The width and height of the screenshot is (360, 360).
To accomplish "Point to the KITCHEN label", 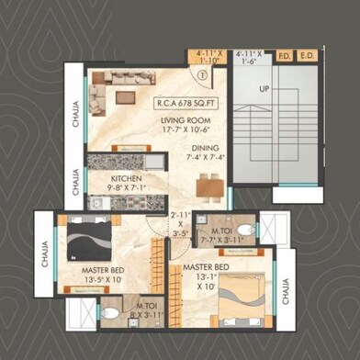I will click(x=126, y=179).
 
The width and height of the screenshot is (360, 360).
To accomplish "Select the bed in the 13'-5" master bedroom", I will click(x=84, y=247).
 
